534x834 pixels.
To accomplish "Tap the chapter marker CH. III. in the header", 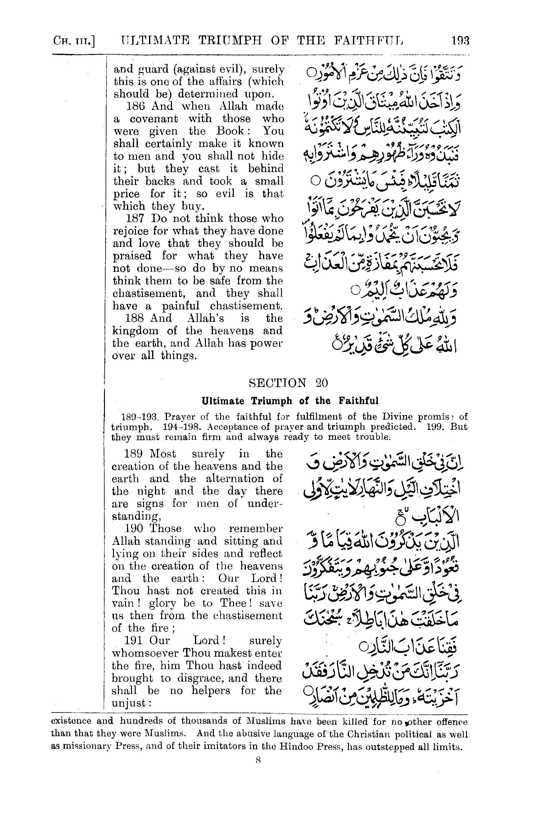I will tap(74, 42).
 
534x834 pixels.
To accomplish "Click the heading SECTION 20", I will tap(288, 383).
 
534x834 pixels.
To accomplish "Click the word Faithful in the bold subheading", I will tap(359, 401).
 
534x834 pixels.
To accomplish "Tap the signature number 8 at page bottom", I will tap(258, 760).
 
